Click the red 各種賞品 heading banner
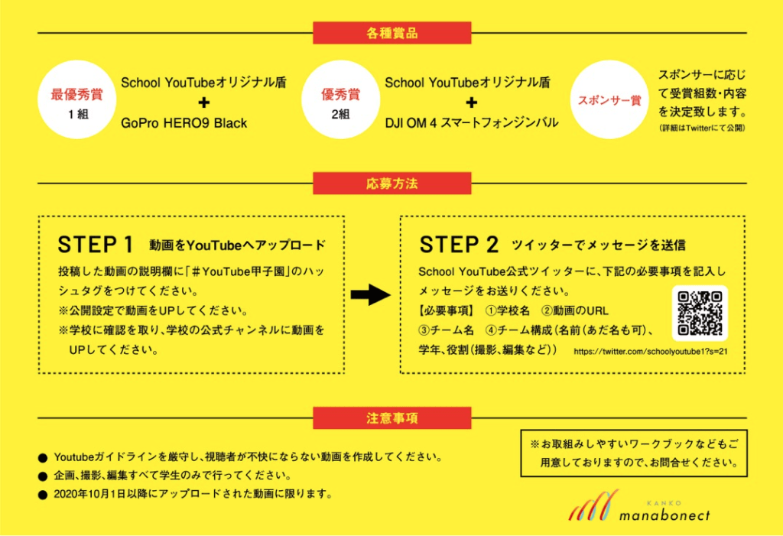391,34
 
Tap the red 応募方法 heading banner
391,184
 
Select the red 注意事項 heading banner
391,418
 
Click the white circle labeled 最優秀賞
77,103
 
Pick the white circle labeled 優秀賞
340,103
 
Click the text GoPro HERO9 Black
184,123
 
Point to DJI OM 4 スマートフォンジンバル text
471,123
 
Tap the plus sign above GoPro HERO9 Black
204,102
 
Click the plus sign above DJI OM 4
472,102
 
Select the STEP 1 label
96,245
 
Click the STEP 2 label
459,245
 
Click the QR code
700,313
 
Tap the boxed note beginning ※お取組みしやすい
633,453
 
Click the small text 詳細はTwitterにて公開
702,128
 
